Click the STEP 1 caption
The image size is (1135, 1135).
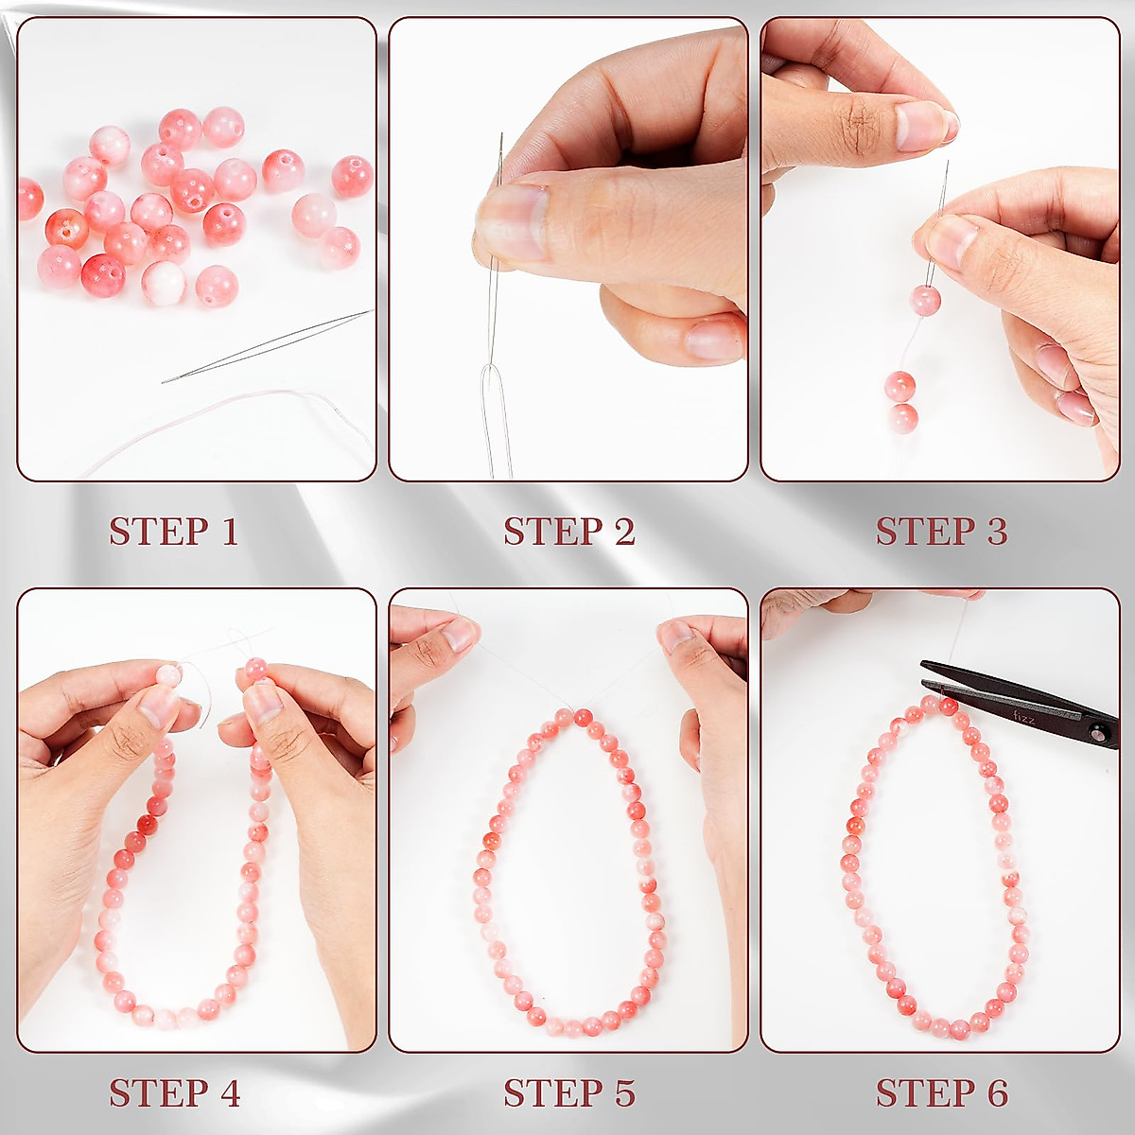(x=173, y=532)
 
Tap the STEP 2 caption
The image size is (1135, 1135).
(x=568, y=532)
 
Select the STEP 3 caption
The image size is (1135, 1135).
(x=941, y=532)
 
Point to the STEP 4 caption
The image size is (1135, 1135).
(x=175, y=1093)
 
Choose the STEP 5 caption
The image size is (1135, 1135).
(x=568, y=1093)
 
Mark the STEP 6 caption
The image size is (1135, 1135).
(x=941, y=1093)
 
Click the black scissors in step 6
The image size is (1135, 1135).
(x=1021, y=700)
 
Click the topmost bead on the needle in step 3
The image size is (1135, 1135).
(x=925, y=301)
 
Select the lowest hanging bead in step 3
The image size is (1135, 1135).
(x=903, y=417)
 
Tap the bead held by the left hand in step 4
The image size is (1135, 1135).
(x=168, y=675)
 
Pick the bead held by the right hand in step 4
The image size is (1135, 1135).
(x=255, y=670)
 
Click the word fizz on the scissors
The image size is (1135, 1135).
(x=1023, y=718)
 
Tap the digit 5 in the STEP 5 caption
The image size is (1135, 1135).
(x=623, y=1093)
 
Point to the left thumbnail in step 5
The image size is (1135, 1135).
(x=460, y=635)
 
